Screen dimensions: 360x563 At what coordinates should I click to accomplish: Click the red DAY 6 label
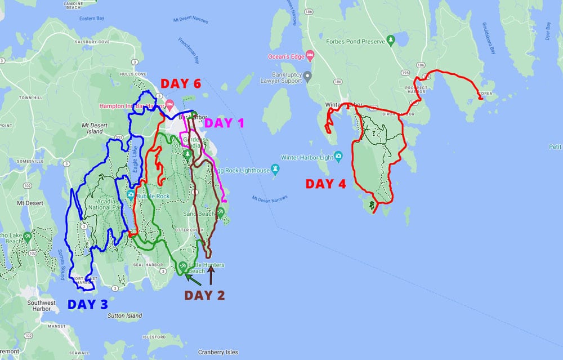coord(181,84)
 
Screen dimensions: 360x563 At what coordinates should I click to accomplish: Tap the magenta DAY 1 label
coord(224,123)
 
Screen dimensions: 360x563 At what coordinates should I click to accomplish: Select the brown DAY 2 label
coord(204,295)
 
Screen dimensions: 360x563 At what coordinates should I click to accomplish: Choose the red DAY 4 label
coord(326,184)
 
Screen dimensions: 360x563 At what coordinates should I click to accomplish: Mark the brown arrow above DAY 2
coord(211,276)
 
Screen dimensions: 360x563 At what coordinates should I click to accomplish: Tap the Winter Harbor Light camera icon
coord(338,156)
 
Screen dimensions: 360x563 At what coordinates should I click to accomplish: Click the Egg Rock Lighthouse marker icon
coord(275,168)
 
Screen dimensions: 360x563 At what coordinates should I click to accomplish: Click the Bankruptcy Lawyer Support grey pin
coord(307,75)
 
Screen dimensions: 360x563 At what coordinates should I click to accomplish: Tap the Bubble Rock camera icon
coord(131,195)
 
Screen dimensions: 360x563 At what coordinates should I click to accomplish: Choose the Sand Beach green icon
coord(221,212)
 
